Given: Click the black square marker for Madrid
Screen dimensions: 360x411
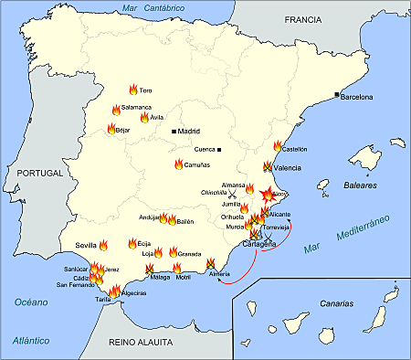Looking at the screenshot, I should pos(174,132).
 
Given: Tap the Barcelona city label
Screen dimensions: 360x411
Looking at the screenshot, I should pos(359,96).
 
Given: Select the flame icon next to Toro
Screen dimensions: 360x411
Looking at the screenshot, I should pos(132,90).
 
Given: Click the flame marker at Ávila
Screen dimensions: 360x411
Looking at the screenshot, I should pos(143,118).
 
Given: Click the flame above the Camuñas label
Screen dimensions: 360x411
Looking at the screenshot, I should pos(178,164).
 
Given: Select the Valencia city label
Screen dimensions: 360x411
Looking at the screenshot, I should pos(288,168).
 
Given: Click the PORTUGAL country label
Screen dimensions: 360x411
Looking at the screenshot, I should pos(39,173).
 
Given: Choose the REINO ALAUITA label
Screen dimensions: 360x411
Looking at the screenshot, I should pos(140,342).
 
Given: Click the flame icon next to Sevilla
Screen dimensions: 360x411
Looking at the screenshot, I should pos(104,245).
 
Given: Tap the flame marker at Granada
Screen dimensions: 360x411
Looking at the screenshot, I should pos(173,251).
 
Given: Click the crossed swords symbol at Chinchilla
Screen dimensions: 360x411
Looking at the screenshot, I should pos(233,195).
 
